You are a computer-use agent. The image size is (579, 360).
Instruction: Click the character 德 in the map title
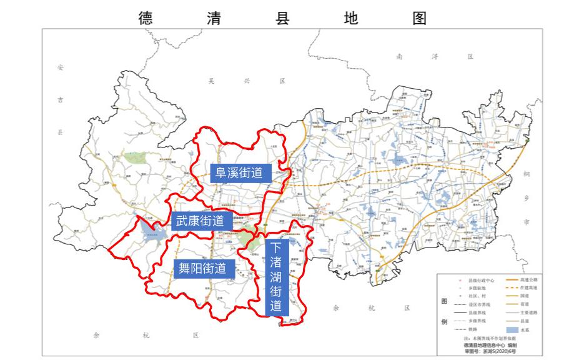pyautogui.click(x=145, y=17)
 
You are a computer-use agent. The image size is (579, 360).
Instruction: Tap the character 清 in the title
pyautogui.click(x=213, y=17)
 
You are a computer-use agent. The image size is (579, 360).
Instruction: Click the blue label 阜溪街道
pyautogui.click(x=239, y=173)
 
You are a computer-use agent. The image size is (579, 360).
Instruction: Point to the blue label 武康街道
pyautogui.click(x=200, y=221)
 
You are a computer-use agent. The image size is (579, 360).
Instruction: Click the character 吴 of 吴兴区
pyautogui.click(x=212, y=81)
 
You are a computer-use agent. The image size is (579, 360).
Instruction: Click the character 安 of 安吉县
pyautogui.click(x=60, y=66)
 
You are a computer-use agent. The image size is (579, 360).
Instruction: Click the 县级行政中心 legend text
pyautogui.click(x=478, y=280)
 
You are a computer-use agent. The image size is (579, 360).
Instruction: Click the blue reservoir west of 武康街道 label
pyautogui.click(x=152, y=232)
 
